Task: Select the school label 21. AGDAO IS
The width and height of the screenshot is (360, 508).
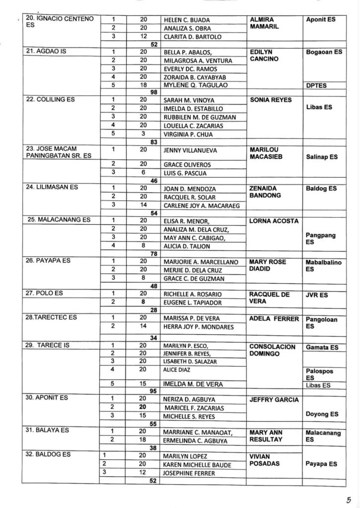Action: click(x=43, y=51)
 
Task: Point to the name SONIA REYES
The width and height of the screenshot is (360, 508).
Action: click(x=270, y=100)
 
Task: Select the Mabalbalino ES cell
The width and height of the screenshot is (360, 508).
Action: click(x=323, y=266)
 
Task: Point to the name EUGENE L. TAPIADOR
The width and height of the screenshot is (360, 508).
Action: click(x=193, y=303)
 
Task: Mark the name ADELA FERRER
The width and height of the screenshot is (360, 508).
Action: click(x=274, y=318)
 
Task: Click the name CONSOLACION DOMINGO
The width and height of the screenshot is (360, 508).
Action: click(x=272, y=350)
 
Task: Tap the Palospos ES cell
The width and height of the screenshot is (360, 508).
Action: click(x=320, y=374)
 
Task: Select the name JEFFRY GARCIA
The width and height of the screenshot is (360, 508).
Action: click(x=274, y=400)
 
